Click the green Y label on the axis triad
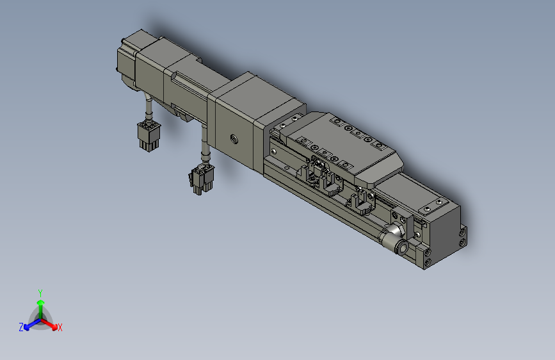click(40, 292)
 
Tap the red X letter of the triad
click(60, 327)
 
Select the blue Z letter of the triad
click(20, 327)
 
